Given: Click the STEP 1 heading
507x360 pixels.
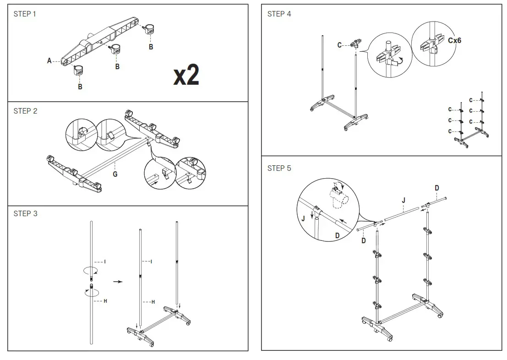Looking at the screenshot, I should point(25,14).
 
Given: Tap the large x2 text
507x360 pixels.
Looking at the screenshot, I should point(186,76).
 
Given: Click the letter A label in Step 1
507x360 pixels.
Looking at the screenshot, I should point(49,60).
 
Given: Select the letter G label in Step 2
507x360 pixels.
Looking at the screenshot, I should point(115,174).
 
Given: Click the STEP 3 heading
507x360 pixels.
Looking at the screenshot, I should point(25,213).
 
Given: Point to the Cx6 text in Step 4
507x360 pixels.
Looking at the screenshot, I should point(454,40).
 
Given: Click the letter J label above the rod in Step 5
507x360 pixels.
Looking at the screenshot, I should point(403,200).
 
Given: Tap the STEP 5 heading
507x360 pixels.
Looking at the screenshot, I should point(279,168).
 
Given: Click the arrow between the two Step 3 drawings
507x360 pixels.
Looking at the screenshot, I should point(118,282).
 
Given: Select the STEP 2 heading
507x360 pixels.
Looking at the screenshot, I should point(25,111).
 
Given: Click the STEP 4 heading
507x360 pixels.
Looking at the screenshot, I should point(279,14).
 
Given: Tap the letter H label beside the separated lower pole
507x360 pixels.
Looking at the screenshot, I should point(105,301).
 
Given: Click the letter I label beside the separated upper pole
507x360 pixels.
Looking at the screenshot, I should point(105,262).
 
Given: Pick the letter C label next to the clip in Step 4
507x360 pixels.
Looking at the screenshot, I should point(339,45).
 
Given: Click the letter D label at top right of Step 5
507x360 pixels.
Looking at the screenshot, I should point(436,188).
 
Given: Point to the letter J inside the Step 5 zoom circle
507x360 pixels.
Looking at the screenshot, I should point(303,218).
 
